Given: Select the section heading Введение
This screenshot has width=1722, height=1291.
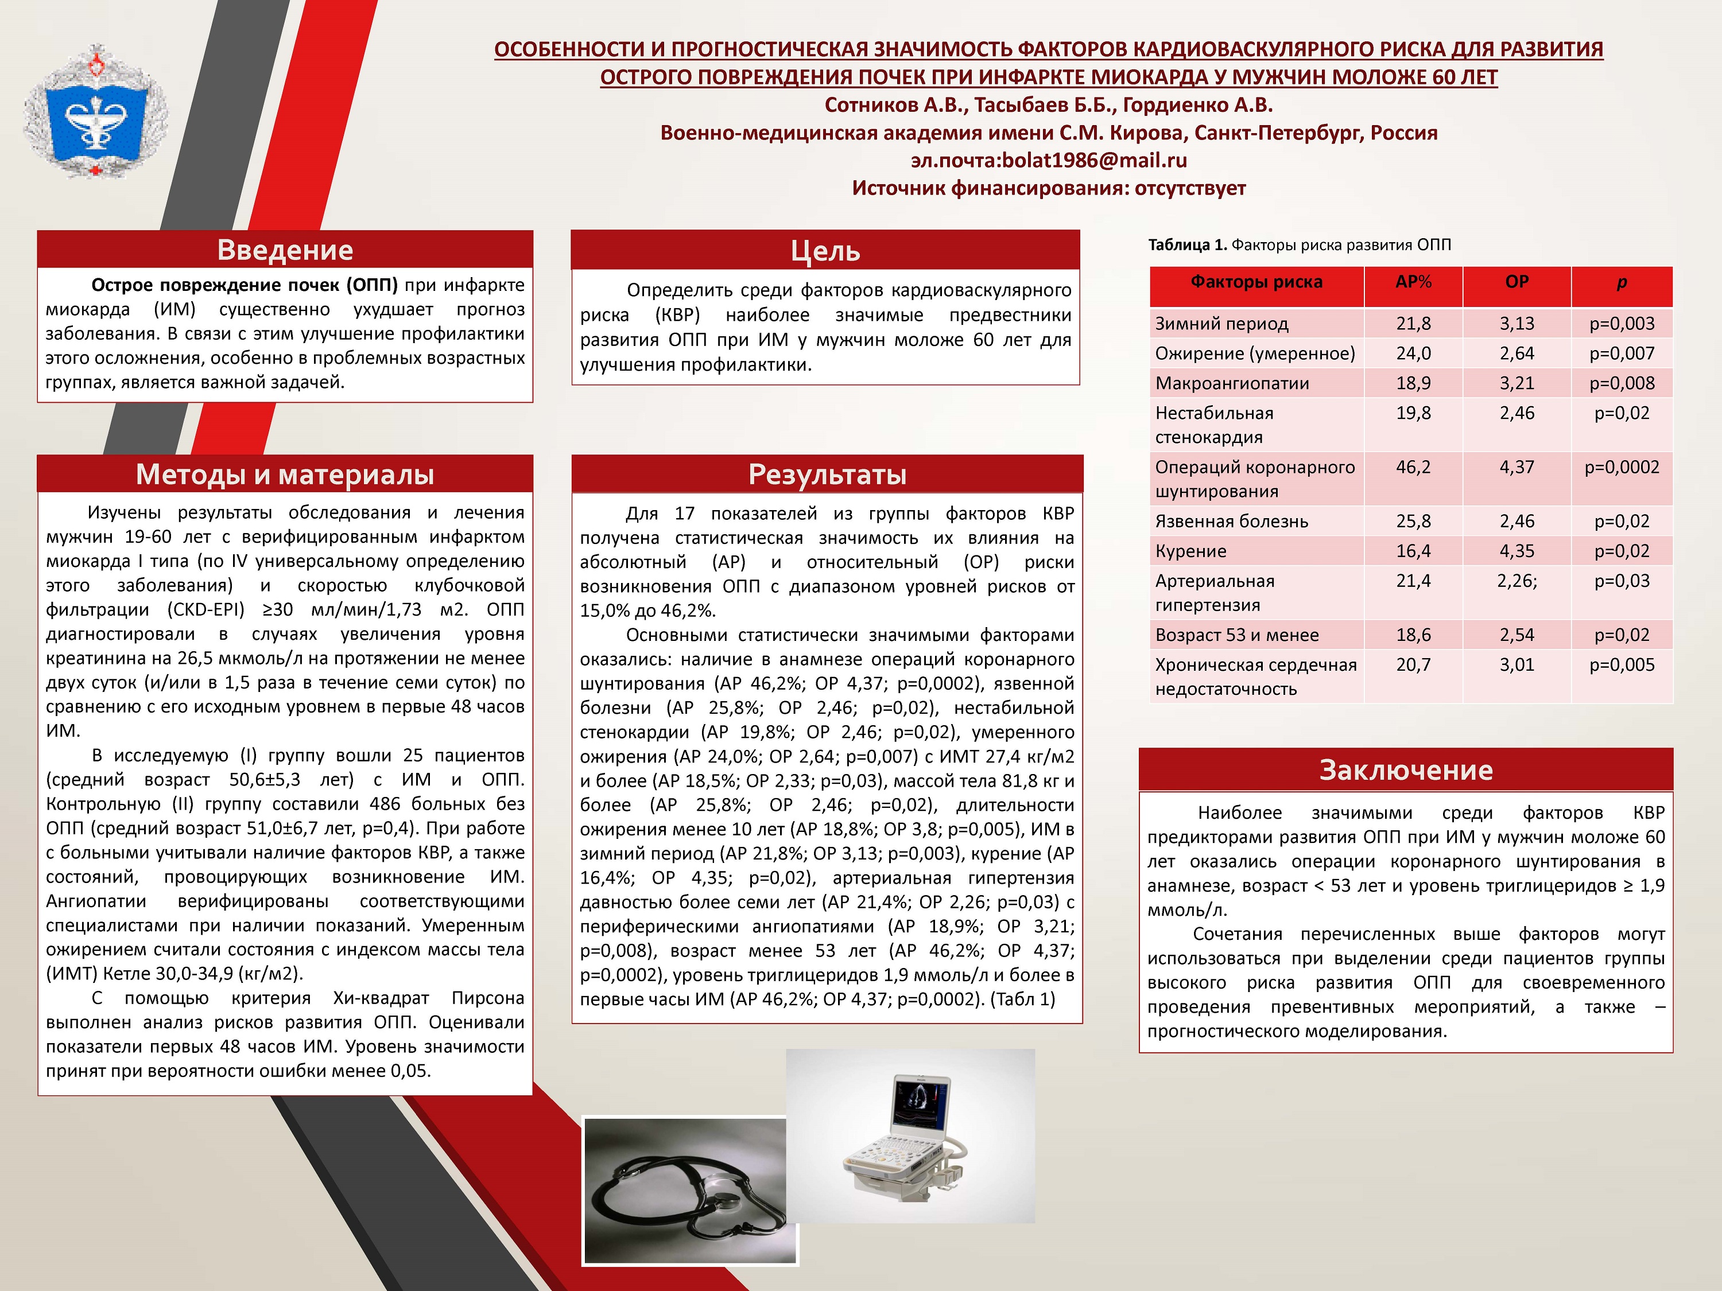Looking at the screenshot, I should pyautogui.click(x=285, y=250).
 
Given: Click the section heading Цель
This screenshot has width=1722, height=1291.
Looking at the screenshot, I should pyautogui.click(x=825, y=251).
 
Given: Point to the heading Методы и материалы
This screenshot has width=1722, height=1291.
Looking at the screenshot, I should pyautogui.click(x=285, y=474).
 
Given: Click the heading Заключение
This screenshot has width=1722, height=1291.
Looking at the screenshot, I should pyautogui.click(x=1406, y=769).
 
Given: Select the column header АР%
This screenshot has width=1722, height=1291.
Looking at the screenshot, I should pyautogui.click(x=1413, y=282).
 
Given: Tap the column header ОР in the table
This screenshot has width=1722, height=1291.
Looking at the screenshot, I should pyautogui.click(x=1517, y=282).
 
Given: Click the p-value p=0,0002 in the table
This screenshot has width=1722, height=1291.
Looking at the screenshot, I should pyautogui.click(x=1622, y=467).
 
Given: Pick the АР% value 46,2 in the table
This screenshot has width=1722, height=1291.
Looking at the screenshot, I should pyautogui.click(x=1413, y=467).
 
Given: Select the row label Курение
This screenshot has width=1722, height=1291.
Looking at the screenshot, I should pyautogui.click(x=1190, y=551).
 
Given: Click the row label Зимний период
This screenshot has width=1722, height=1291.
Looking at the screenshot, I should pyautogui.click(x=1221, y=323).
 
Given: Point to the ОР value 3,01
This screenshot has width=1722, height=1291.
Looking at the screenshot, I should pyautogui.click(x=1517, y=664).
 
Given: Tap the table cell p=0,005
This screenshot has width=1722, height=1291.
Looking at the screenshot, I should pyautogui.click(x=1622, y=664).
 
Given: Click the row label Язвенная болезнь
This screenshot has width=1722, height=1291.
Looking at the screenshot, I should pyautogui.click(x=1232, y=522).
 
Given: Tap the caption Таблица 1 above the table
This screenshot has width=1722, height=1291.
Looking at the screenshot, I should pyautogui.click(x=1187, y=245).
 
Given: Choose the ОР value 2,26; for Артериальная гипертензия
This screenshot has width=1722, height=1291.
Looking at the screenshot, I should pyautogui.click(x=1517, y=581).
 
